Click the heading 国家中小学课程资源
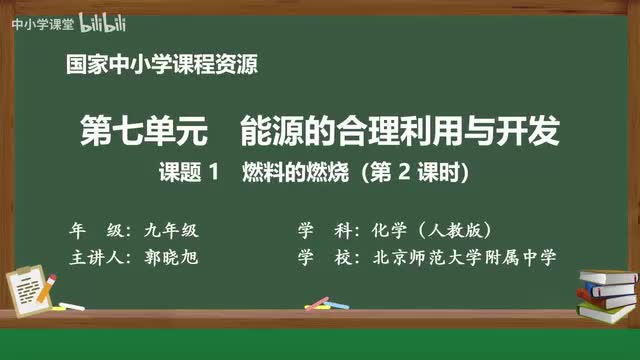(x=161, y=66)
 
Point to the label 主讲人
(x=95, y=257)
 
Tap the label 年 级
(x=95, y=228)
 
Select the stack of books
(x=606, y=290)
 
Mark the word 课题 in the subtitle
(x=179, y=172)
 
